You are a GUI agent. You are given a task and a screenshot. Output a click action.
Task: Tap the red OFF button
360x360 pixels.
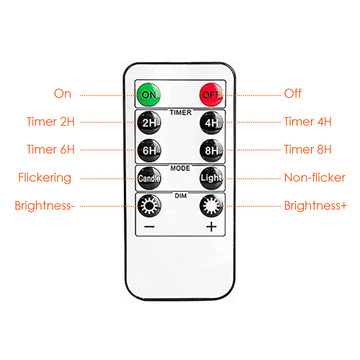[211, 94]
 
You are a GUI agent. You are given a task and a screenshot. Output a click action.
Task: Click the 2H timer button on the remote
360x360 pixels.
[149, 123]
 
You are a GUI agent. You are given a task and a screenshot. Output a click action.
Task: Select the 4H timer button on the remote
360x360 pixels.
[211, 123]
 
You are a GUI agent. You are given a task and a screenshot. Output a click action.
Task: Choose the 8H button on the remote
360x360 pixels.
[211, 151]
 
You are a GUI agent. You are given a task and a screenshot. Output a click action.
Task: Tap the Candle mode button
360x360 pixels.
[149, 178]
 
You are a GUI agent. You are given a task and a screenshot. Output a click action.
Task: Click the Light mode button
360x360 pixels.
[211, 178]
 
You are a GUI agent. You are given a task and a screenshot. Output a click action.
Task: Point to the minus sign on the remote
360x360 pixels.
[149, 227]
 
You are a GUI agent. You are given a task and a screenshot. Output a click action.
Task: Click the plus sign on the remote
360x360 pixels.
[211, 227]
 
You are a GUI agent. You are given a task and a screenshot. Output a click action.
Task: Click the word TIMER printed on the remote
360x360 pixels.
[180, 113]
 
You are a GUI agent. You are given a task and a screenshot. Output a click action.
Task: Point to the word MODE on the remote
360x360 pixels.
[180, 168]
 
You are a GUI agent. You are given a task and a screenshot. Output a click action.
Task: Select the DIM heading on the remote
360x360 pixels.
[180, 196]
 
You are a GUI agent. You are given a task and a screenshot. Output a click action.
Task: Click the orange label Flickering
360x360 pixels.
[45, 178]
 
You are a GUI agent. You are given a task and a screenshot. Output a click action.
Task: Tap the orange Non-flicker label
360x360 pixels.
[315, 178]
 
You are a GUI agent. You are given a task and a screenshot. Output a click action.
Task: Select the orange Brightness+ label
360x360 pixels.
[316, 206]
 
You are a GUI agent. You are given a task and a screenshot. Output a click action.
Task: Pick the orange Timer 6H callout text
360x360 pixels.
[51, 149]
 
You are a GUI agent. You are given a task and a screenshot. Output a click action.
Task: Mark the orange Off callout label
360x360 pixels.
[293, 94]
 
